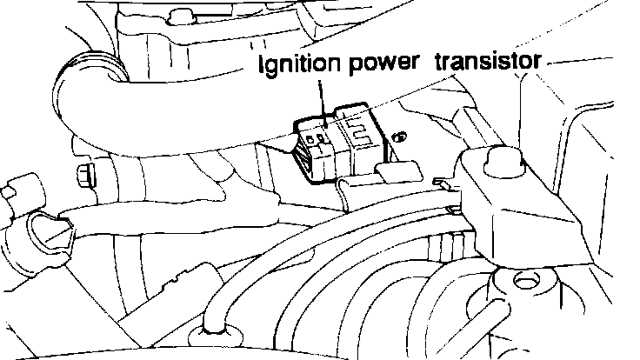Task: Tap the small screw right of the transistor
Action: (400, 137)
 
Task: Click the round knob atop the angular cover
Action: (499, 162)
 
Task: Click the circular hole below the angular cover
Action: (522, 280)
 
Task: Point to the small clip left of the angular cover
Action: (445, 183)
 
